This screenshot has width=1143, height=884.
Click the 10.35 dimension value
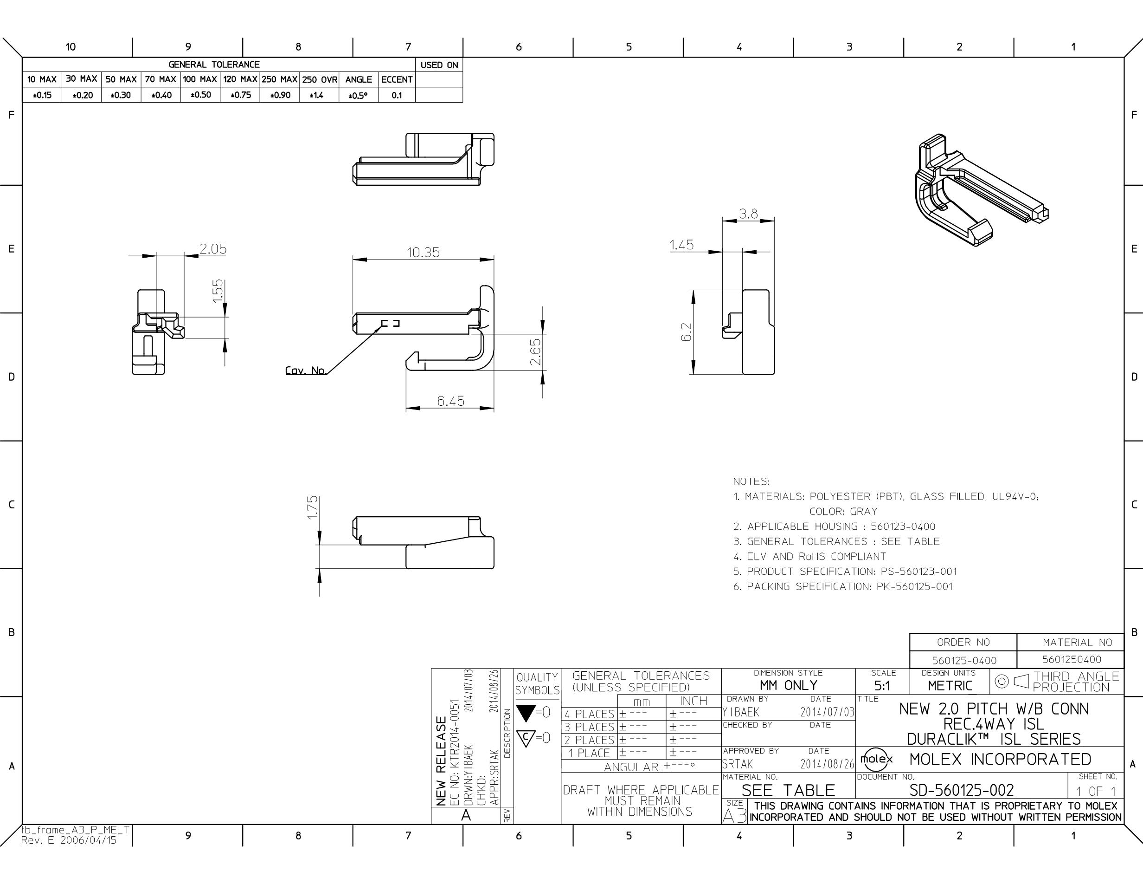[x=424, y=253]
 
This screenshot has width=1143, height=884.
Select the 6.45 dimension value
[x=450, y=401]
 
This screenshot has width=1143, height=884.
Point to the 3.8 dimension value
[x=748, y=214]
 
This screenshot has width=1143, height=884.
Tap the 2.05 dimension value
[x=213, y=249]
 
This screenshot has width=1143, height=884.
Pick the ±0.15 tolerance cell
[x=42, y=95]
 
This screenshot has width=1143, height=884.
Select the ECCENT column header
[x=397, y=79]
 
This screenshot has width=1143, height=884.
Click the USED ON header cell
[x=439, y=65]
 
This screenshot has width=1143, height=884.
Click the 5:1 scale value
[x=882, y=686]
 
